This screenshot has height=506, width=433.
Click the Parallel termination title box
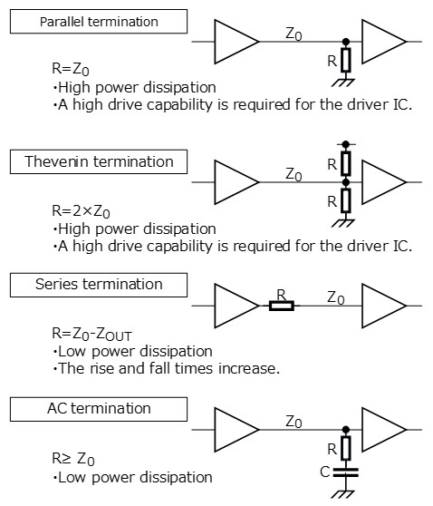[x=99, y=22]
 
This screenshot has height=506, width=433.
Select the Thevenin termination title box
[x=99, y=162]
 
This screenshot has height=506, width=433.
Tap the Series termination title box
[x=99, y=284]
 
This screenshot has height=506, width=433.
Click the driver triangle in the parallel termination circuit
[x=236, y=42]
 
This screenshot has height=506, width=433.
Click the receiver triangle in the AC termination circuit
[x=383, y=429]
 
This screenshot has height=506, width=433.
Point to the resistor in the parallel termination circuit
[x=345, y=62]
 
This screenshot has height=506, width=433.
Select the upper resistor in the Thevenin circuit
[x=345, y=163]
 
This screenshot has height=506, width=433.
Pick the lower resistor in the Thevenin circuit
[x=345, y=200]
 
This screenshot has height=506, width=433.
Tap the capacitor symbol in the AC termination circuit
[x=345, y=472]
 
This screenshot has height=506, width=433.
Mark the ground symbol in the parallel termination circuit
[x=345, y=84]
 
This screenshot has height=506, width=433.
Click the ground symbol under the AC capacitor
[x=345, y=493]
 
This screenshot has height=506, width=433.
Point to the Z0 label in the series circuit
[x=335, y=297]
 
